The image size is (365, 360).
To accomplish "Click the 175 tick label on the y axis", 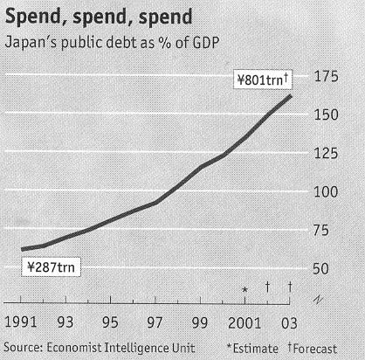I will pyautogui.click(x=327, y=76).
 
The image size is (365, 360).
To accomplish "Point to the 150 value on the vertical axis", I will pyautogui.click(x=327, y=114).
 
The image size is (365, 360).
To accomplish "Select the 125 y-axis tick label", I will pyautogui.click(x=327, y=153).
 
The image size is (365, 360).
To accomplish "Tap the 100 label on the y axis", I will pyautogui.click(x=327, y=191).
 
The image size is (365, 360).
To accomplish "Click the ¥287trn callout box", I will pyautogui.click(x=50, y=268).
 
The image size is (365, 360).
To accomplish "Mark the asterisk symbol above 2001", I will pyautogui.click(x=245, y=288).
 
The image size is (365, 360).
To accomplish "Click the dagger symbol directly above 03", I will pyautogui.click(x=290, y=287).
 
